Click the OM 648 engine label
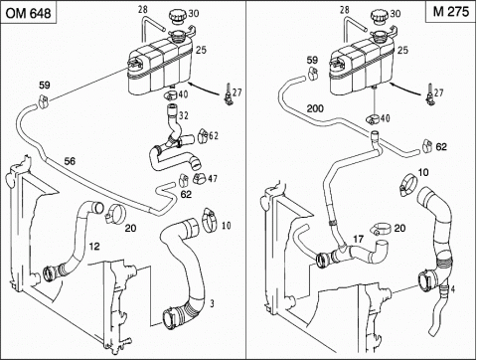(28, 13)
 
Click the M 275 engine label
(451, 11)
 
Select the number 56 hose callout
(70, 161)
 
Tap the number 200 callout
(315, 108)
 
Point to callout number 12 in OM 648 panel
(94, 247)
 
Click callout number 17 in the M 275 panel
(358, 239)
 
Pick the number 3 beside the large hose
(212, 303)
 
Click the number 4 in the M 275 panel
(453, 289)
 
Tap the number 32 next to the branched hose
(184, 115)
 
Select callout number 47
(213, 179)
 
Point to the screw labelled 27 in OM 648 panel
(228, 94)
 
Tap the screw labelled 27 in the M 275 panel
(429, 94)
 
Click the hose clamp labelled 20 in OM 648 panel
(114, 214)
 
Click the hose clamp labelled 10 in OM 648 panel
(209, 220)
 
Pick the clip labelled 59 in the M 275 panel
(312, 74)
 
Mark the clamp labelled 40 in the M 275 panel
(374, 119)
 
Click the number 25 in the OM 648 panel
(201, 50)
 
